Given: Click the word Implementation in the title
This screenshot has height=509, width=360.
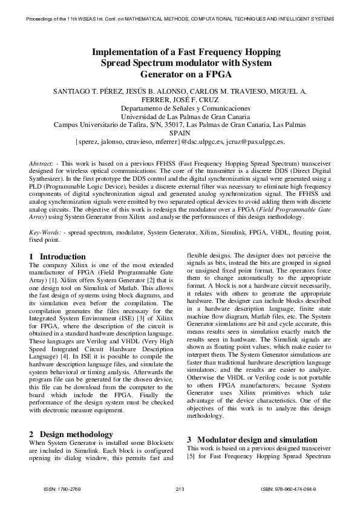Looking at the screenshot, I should click(x=123, y=52).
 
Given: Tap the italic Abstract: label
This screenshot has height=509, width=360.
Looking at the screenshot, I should click(x=42, y=164).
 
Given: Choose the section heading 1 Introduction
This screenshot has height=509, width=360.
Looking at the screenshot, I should click(x=57, y=256).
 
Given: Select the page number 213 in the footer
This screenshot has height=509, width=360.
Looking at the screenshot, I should click(x=180, y=488).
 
